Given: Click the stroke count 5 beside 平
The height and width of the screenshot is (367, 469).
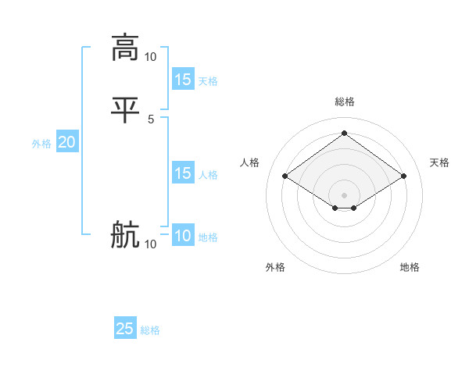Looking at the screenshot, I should click(x=151, y=119).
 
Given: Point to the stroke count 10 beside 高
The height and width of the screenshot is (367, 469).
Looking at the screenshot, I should click(x=151, y=56).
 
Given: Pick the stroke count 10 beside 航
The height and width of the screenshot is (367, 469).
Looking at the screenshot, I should click(x=151, y=245).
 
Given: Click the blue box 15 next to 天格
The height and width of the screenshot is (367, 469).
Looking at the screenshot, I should click(x=183, y=80).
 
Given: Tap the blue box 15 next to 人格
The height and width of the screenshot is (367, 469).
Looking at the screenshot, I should click(x=183, y=173).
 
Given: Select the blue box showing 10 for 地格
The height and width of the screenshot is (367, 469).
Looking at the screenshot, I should click(x=183, y=236).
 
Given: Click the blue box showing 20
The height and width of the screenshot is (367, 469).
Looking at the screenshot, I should click(x=66, y=142).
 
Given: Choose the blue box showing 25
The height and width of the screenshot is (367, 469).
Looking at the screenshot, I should click(x=125, y=329).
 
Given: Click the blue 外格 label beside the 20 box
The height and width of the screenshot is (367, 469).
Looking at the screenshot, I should click(x=41, y=144).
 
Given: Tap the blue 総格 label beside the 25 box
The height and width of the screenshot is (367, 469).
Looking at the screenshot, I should click(x=150, y=330).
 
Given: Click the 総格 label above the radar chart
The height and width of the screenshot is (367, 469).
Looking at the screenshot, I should click(x=344, y=102).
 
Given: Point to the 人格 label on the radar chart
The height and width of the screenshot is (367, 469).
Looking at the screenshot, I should click(x=250, y=162).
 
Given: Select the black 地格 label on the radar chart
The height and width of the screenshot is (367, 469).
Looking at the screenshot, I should click(x=410, y=268).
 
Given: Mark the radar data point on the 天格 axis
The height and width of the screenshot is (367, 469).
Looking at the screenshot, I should click(x=403, y=176).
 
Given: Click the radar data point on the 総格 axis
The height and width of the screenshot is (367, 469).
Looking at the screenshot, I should click(x=344, y=134).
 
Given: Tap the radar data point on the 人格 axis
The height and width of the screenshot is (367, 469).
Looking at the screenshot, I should click(x=285, y=176).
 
